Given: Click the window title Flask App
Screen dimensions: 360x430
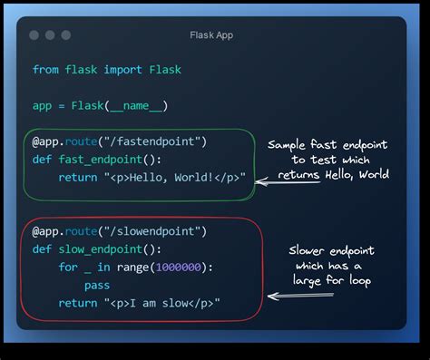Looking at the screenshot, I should [212, 35].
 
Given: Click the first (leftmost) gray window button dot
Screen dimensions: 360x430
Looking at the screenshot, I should [34, 35].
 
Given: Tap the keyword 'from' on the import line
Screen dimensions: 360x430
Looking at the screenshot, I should [46, 70].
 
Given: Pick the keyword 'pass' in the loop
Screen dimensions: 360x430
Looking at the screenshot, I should [97, 285].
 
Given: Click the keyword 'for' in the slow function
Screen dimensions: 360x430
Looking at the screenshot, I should [69, 267].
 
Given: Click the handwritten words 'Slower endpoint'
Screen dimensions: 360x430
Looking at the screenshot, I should [331, 251].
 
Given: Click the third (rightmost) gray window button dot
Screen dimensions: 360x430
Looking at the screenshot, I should [65, 35].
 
